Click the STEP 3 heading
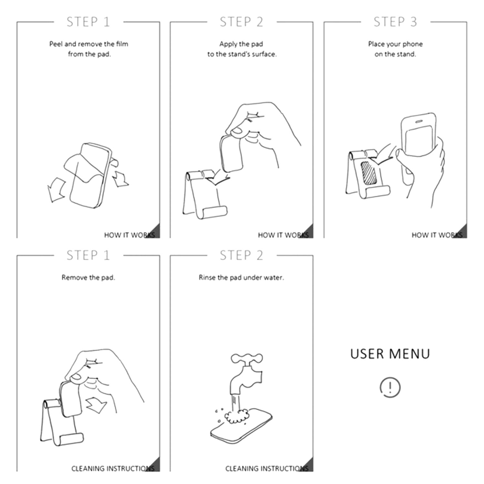click(395, 22)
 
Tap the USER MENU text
click(390, 354)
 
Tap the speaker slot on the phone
click(418, 122)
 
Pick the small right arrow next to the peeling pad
click(120, 178)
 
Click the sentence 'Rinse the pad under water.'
click(241, 277)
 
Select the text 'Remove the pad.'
click(88, 277)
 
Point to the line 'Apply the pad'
click(241, 44)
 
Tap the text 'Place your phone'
click(395, 44)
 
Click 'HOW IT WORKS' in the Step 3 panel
click(437, 235)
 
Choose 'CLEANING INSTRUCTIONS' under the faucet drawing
click(267, 468)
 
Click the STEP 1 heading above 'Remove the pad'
click(88, 256)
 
